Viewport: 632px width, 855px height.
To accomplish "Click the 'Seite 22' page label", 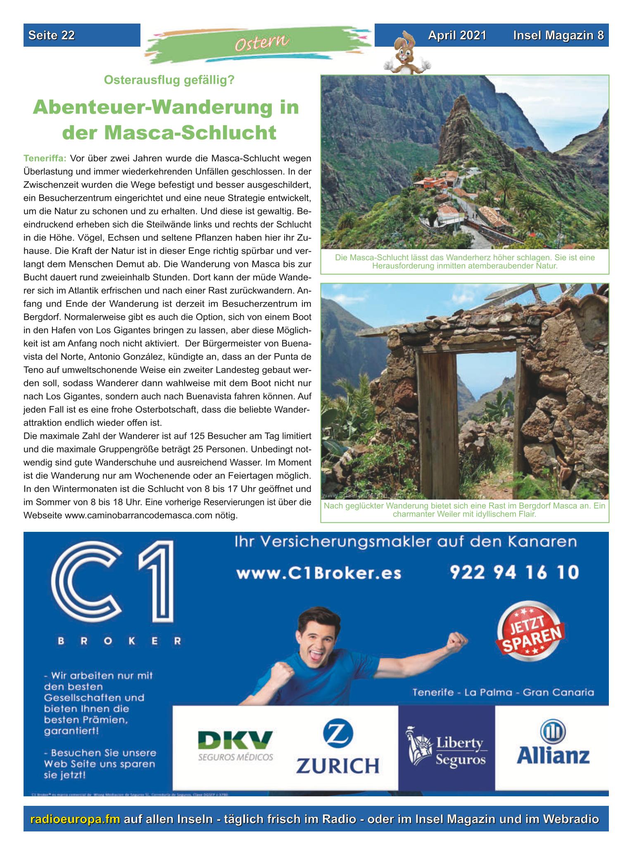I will click(52, 36).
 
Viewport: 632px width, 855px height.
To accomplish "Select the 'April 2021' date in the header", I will click(457, 36).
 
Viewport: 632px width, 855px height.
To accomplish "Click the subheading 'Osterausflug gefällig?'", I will click(169, 80).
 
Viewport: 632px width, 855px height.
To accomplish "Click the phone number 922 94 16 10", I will click(514, 572).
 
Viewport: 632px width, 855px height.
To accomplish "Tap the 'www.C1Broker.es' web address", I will click(318, 573).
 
